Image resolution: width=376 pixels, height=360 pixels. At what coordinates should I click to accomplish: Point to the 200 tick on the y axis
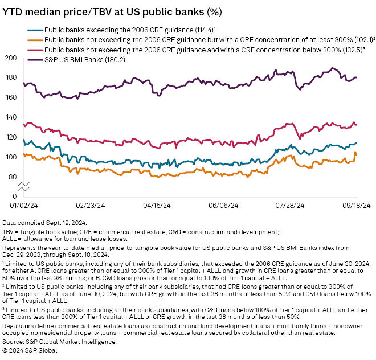tap(10, 58)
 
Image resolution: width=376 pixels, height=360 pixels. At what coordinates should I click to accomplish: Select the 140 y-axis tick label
tap(10, 117)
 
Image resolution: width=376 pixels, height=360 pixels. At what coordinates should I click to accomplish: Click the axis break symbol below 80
tap(22, 186)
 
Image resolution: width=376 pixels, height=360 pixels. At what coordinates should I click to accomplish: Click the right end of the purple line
tap(357, 77)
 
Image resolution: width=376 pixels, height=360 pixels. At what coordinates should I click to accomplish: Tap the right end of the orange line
tap(357, 155)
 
